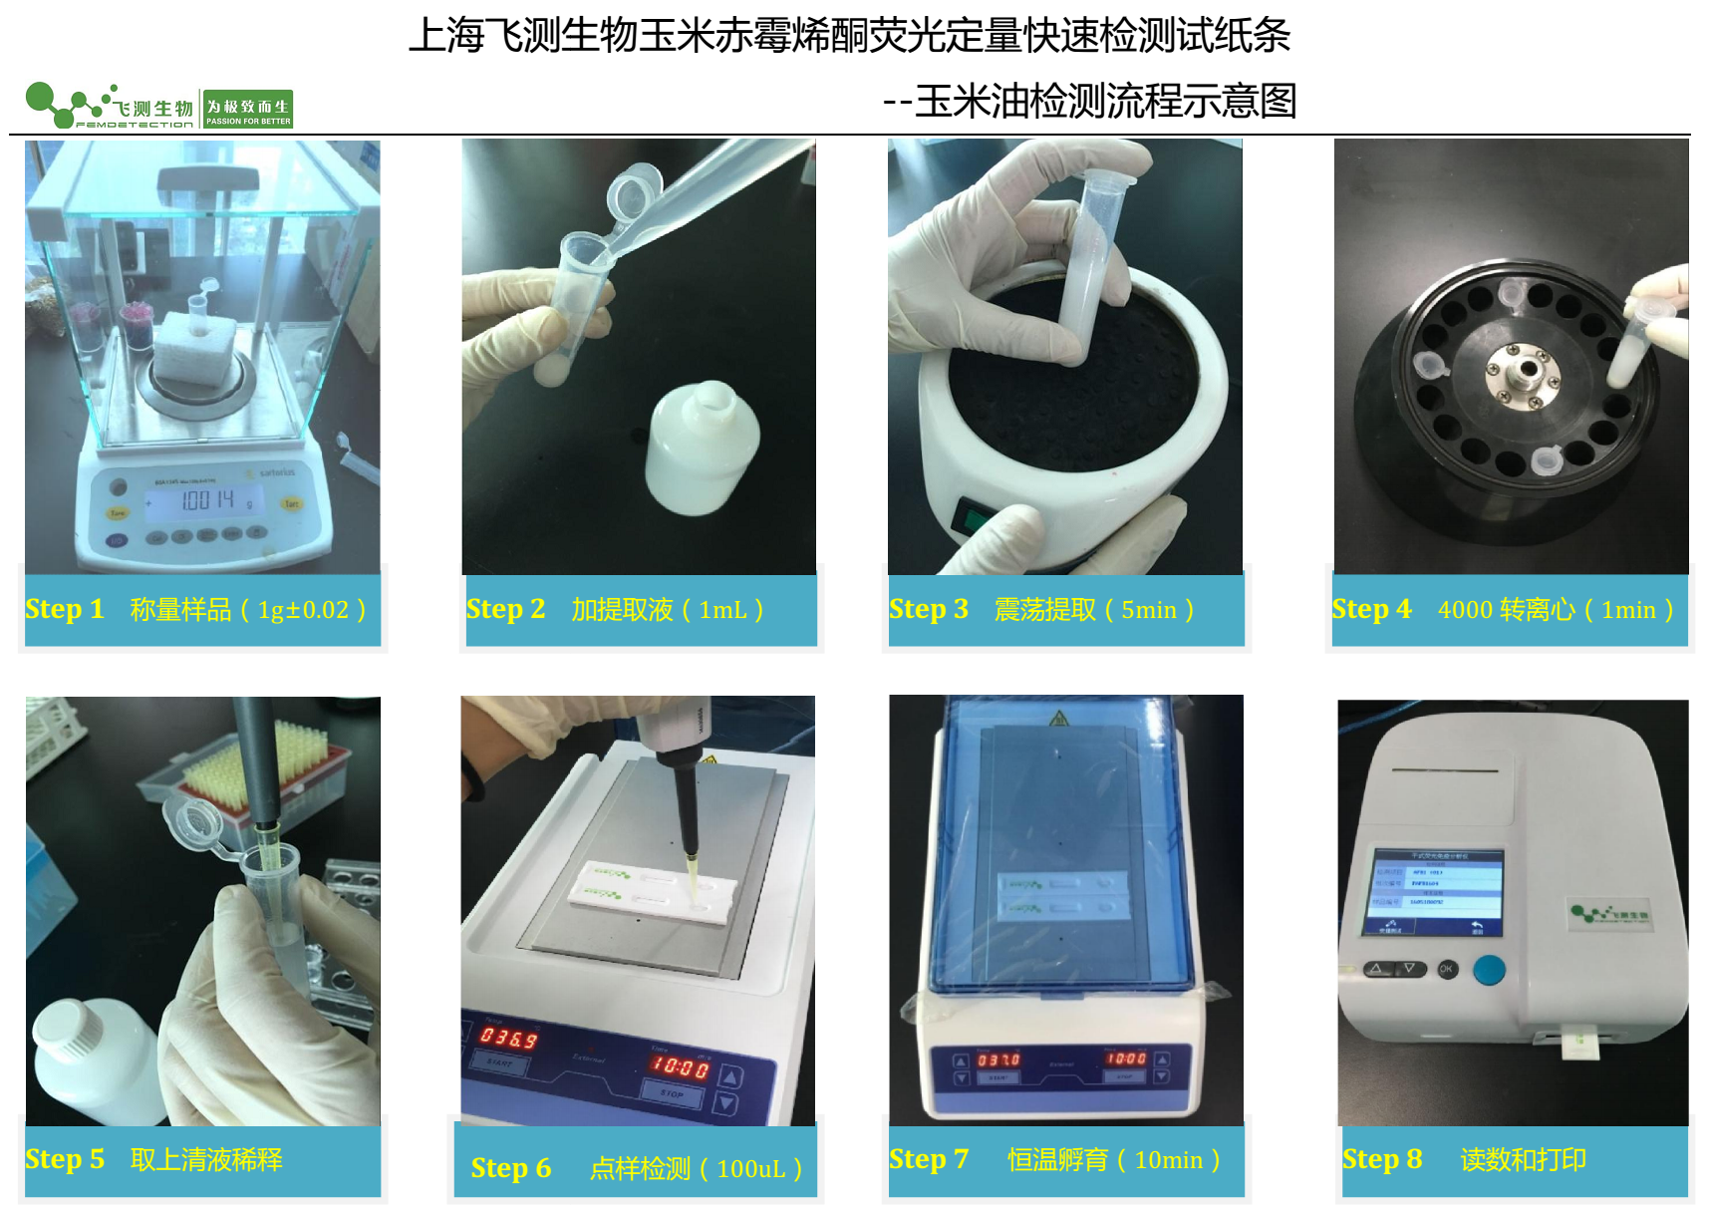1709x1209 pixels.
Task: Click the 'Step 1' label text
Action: pyautogui.click(x=65, y=609)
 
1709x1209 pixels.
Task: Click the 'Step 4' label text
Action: pyautogui.click(x=1371, y=609)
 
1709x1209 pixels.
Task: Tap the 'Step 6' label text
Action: pyautogui.click(x=510, y=1168)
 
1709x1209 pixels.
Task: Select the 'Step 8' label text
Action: pyautogui.click(x=1381, y=1159)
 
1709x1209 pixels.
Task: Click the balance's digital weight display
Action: pyautogui.click(x=205, y=500)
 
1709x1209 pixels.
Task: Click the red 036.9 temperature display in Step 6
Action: pyautogui.click(x=509, y=1038)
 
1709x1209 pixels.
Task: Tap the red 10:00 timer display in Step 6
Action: pyautogui.click(x=681, y=1067)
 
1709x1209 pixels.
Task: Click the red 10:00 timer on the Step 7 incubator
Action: pyautogui.click(x=1126, y=1058)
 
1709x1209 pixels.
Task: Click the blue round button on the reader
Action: pyautogui.click(x=1489, y=969)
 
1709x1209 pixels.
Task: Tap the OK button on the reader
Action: pyautogui.click(x=1446, y=969)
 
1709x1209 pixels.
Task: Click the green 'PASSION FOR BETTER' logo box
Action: pyautogui.click(x=248, y=109)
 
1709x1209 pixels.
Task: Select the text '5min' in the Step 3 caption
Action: pyautogui.click(x=1148, y=610)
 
